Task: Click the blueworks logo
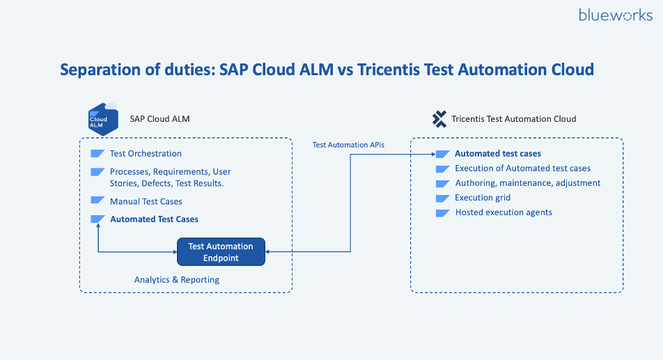615,15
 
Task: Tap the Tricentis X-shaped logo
439,119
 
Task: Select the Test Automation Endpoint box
221,252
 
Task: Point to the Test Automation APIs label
348,145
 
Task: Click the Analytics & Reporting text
177,280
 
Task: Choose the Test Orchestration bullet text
146,154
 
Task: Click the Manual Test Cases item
146,202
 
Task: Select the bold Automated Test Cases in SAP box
154,219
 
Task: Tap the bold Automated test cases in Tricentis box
497,154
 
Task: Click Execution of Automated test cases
522,169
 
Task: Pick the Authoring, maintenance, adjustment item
527,183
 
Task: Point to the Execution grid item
483,198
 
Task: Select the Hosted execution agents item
504,212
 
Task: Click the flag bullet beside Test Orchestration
97,154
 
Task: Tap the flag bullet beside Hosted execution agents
442,212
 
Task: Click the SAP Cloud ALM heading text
159,119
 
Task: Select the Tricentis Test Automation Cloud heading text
514,119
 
